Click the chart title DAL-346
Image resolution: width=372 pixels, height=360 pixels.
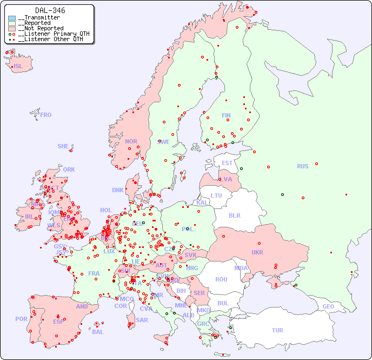(50, 10)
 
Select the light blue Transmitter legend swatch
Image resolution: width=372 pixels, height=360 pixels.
(12, 18)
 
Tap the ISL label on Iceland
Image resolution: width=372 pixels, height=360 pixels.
(18, 67)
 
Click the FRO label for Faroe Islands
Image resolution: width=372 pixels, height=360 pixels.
(46, 115)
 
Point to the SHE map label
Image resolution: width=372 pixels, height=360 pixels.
(63, 146)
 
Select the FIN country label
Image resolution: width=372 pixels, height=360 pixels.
(226, 115)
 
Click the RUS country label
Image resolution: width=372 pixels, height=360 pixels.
(302, 166)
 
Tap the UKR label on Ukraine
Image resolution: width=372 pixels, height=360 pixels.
(257, 252)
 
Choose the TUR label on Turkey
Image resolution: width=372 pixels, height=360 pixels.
(277, 330)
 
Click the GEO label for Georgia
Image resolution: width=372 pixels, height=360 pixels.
(328, 306)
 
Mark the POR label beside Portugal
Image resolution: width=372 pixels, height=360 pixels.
(21, 319)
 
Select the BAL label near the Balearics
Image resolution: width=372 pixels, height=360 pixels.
(98, 332)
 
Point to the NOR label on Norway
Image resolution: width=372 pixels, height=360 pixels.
(131, 141)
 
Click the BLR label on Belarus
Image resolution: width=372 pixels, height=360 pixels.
(235, 215)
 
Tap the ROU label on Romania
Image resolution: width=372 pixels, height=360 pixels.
(221, 279)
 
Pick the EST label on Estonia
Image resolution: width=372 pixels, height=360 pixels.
(227, 163)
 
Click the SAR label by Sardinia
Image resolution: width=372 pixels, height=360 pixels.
(142, 320)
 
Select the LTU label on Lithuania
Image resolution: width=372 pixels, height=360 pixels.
(216, 195)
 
